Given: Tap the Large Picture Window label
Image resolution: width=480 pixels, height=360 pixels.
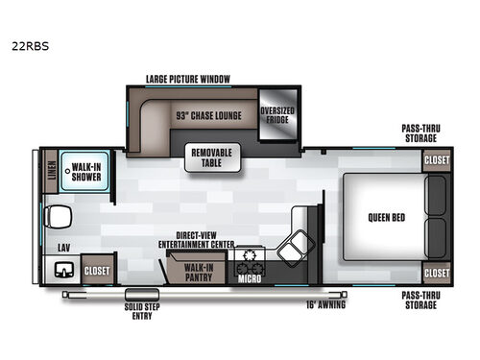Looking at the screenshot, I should (187, 79).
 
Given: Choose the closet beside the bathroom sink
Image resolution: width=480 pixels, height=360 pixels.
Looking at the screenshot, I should (97, 270).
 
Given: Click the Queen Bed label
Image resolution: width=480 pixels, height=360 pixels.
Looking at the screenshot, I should (385, 216).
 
